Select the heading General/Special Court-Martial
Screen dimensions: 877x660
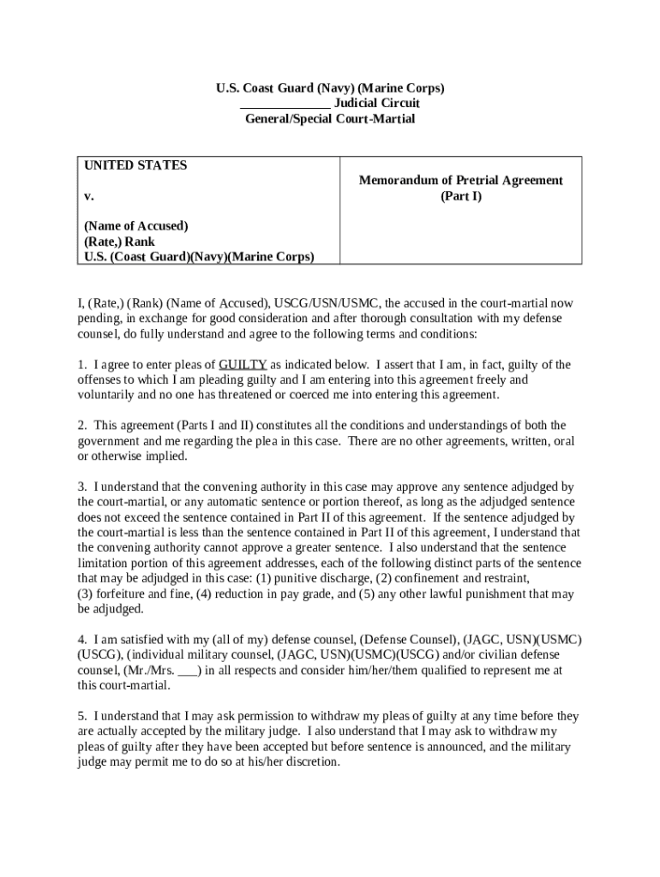coord(329,119)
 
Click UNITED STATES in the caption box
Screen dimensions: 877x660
coord(135,165)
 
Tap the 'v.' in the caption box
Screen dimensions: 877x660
coord(88,196)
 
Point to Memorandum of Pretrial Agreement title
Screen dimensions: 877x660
coord(460,181)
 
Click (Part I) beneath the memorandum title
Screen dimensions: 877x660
coord(461,196)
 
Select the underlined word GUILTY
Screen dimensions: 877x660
coord(243,364)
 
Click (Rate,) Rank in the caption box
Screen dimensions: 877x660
coord(119,242)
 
